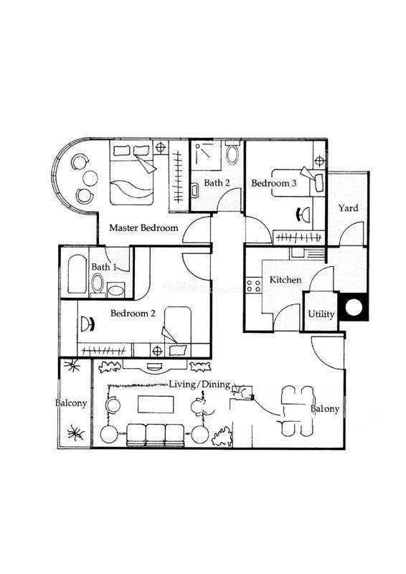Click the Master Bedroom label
point(143,227)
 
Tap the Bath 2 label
point(217,182)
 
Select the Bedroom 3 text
point(273,183)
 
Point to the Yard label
point(348,208)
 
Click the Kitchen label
point(285,280)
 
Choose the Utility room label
point(321,314)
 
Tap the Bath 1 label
point(103,266)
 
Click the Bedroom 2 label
point(133,314)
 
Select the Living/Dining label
point(199,384)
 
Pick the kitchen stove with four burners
point(253,285)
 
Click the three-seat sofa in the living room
point(155,435)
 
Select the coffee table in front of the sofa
point(156,404)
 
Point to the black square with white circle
point(354,308)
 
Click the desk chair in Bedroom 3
point(303,214)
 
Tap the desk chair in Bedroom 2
point(88,324)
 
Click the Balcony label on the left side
point(71,403)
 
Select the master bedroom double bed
point(132,174)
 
